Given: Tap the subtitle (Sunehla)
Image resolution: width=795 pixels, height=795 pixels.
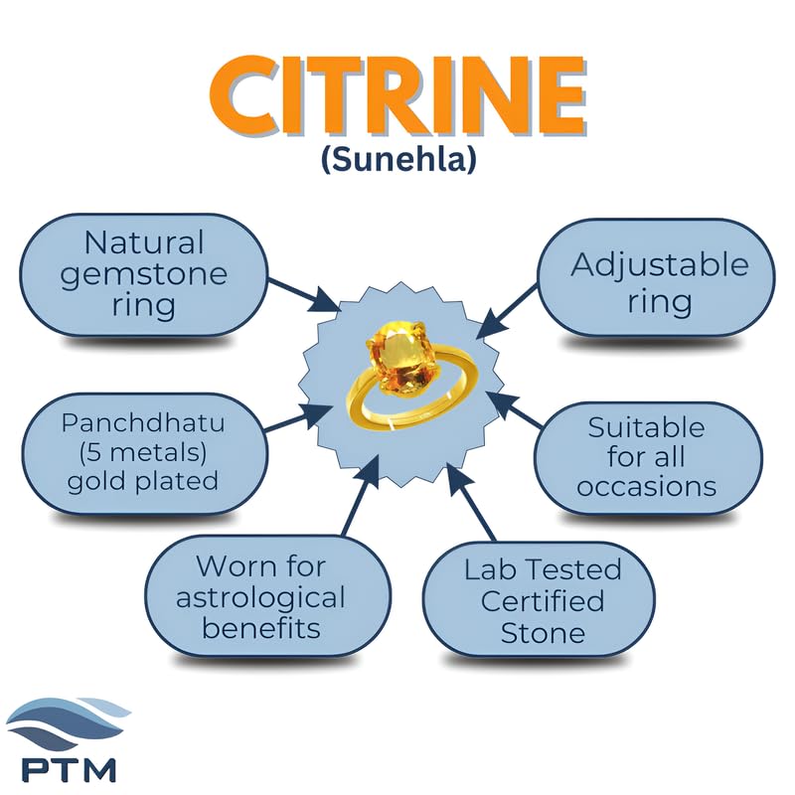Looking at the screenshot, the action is click(x=399, y=159).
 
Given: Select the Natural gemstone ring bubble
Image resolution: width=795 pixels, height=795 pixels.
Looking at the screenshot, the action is click(x=143, y=274).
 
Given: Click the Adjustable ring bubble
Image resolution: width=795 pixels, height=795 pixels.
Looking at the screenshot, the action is click(x=656, y=277).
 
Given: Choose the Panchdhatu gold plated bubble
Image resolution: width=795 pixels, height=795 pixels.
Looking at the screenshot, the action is click(x=143, y=453).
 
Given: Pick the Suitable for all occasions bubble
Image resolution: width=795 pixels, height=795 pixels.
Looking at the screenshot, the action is click(x=648, y=458).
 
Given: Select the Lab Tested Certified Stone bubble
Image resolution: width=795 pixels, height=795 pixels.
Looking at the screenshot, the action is click(x=539, y=600).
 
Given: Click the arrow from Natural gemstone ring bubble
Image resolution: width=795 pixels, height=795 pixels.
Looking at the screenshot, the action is click(x=304, y=294).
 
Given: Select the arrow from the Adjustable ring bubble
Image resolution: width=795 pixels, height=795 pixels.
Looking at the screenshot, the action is click(x=507, y=311).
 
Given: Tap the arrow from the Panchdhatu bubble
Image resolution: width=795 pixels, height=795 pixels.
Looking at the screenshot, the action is click(x=299, y=418).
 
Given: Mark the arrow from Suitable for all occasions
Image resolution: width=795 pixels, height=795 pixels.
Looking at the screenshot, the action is click(x=514, y=409).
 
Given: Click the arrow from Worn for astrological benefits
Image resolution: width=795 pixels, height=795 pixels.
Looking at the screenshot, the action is click(x=361, y=495).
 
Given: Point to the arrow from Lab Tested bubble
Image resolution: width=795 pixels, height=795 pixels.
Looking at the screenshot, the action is click(x=470, y=502).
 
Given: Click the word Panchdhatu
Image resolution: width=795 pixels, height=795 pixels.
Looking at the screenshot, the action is click(x=143, y=423).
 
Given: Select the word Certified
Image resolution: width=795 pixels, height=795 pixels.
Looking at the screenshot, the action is click(x=543, y=601).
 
